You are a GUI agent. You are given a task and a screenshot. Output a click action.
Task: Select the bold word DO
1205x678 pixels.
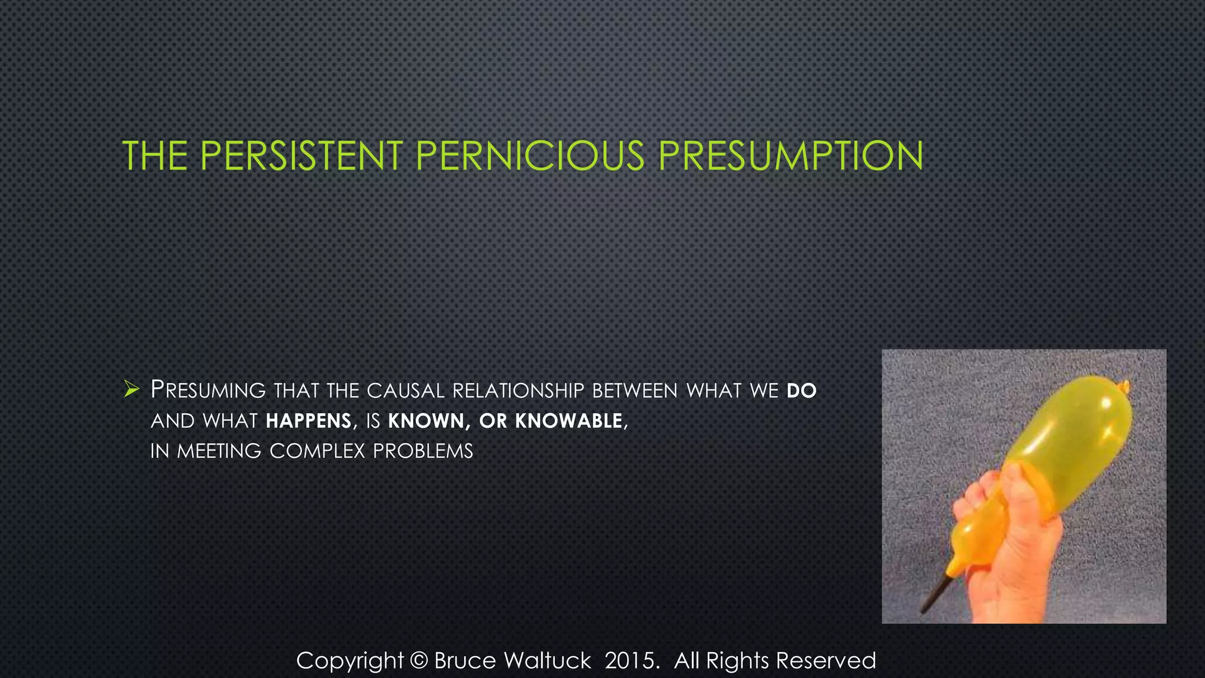pyautogui.click(x=801, y=391)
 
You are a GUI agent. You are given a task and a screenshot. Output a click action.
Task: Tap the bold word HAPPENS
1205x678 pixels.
pyautogui.click(x=309, y=421)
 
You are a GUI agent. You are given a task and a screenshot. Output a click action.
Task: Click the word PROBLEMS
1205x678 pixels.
pyautogui.click(x=423, y=451)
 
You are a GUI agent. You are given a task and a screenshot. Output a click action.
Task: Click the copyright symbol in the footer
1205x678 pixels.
pyautogui.click(x=418, y=661)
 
